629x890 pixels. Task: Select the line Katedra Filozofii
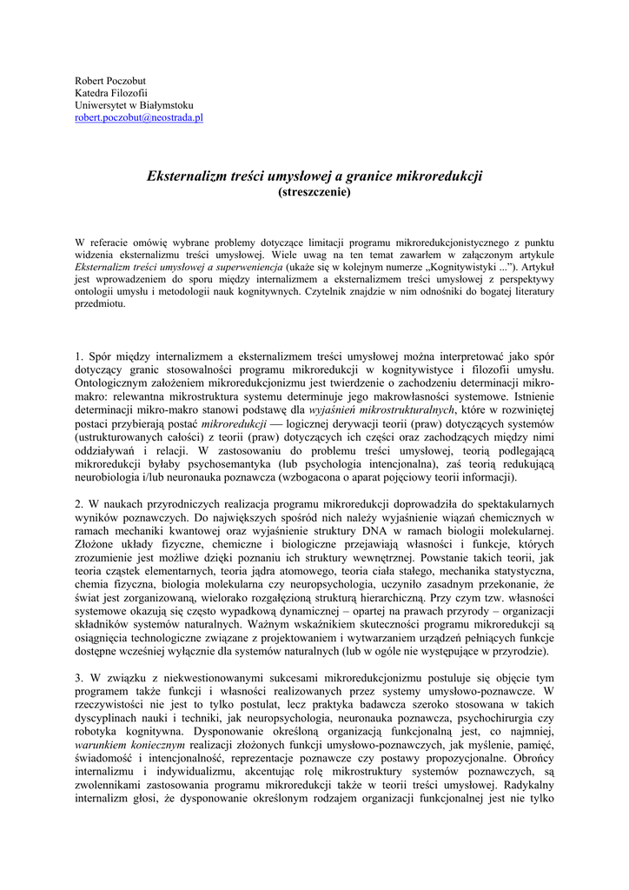point(111,93)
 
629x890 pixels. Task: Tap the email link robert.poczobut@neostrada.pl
point(139,117)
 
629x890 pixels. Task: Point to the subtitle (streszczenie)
point(314,191)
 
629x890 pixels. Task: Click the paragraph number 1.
point(78,356)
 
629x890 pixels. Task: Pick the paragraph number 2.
point(78,503)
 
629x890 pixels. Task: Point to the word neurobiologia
point(110,477)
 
